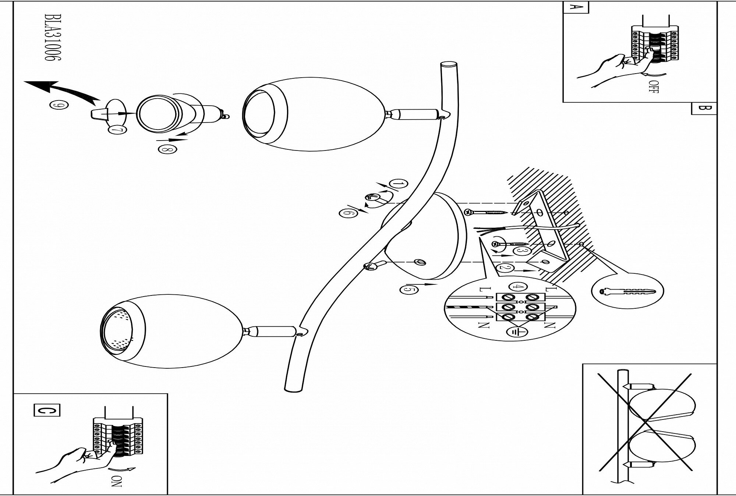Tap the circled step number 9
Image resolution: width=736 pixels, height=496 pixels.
[56, 105]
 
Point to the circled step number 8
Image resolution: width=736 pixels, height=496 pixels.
[167, 149]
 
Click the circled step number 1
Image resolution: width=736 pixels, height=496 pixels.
[399, 184]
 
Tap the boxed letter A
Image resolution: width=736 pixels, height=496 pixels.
[576, 7]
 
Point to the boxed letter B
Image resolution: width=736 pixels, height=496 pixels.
[704, 108]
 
